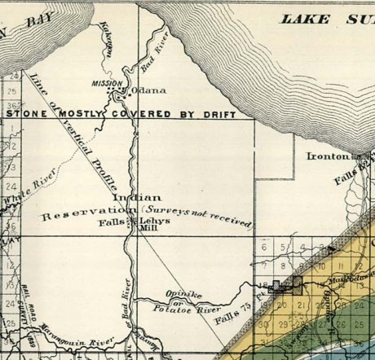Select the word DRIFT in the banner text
pos(230,114)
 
